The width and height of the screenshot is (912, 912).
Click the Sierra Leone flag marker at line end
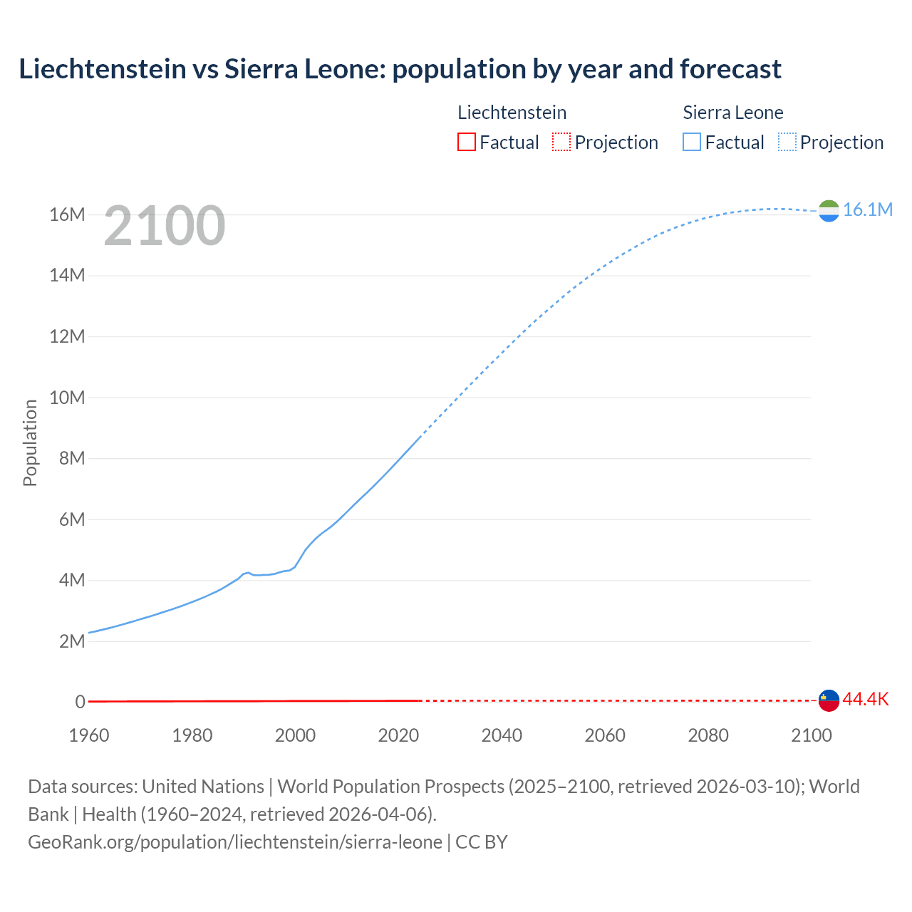(829, 211)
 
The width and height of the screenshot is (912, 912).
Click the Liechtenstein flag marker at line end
(829, 700)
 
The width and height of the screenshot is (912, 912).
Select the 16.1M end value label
(867, 209)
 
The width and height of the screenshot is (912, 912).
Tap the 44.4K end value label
(865, 699)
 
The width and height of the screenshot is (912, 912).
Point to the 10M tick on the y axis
(67, 398)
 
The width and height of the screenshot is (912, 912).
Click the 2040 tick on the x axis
(502, 735)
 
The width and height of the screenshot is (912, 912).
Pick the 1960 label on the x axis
(89, 735)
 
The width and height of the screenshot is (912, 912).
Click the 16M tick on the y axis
(67, 214)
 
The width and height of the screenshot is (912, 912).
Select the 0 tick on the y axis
(80, 702)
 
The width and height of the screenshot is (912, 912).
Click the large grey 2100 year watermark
(165, 227)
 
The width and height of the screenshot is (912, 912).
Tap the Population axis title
(30, 442)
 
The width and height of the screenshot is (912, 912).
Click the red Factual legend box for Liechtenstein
(466, 142)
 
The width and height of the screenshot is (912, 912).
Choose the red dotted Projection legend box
(561, 142)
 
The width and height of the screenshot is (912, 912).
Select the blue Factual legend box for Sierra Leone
(692, 142)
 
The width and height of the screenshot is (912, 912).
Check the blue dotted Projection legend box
(787, 142)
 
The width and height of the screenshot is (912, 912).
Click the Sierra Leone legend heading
(732, 113)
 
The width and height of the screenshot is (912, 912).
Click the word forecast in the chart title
(730, 69)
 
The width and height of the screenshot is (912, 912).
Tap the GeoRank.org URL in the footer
(235, 841)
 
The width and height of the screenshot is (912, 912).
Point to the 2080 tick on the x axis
(708, 735)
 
